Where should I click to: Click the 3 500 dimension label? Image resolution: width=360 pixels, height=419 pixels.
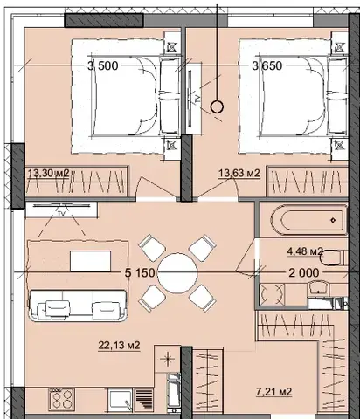point(103,65)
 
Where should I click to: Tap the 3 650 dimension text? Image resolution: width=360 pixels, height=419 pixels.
point(267,65)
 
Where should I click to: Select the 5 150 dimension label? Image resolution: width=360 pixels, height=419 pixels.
point(140,273)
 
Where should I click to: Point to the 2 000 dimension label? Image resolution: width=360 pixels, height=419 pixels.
point(304,273)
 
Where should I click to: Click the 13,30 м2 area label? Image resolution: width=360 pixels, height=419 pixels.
point(48,173)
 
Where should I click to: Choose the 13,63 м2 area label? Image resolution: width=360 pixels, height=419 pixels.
point(239,174)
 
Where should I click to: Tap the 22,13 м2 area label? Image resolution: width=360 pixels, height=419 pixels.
point(119,346)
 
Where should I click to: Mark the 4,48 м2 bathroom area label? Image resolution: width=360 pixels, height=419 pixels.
point(305,251)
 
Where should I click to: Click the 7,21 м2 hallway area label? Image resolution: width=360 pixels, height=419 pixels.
point(273,392)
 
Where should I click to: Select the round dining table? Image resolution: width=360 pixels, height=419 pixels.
point(177,273)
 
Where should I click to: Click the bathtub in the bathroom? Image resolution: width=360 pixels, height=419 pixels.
point(309,220)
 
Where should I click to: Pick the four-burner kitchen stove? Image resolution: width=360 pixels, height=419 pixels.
point(61,399)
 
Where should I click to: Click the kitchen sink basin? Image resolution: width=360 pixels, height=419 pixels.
point(120,400)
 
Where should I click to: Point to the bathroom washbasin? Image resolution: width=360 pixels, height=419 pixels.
point(319,287)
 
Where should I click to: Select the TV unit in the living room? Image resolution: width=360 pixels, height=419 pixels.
point(61,210)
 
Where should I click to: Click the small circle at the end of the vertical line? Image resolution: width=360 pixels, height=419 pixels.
point(217,107)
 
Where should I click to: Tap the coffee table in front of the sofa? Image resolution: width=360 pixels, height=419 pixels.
point(90,261)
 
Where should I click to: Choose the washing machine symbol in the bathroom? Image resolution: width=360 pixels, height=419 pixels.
point(272,294)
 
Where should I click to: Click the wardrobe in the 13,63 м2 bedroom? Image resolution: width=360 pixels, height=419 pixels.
point(308,181)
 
